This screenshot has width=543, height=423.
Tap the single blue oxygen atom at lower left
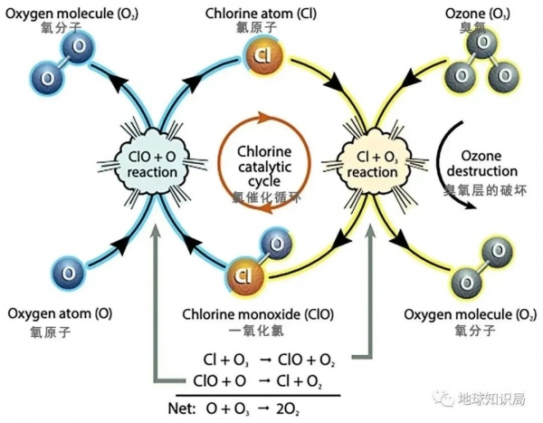66,270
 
